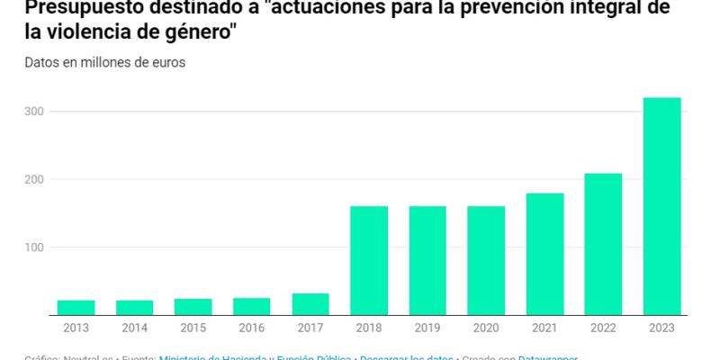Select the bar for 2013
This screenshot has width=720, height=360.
pos(76,307)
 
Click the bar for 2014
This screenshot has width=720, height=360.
pos(134,307)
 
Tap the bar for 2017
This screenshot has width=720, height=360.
pos(310,304)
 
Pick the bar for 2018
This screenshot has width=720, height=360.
pos(368,261)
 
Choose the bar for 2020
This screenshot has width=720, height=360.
pos(485,261)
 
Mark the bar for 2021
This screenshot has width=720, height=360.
pos(544,254)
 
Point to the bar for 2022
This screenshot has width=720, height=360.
pos(602,244)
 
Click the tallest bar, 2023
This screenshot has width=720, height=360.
pos(661,206)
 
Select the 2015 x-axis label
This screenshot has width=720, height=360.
pos(193,328)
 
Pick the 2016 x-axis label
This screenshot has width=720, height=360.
pos(251,328)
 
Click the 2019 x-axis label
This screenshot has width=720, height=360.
pos(427,328)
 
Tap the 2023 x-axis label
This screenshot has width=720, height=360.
pos(661,328)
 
